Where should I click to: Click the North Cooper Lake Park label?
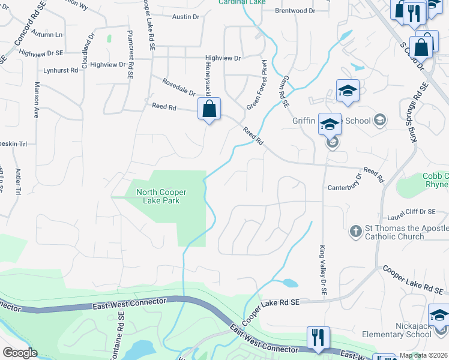pos(161,196)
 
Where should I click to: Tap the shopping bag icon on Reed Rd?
pos(209,110)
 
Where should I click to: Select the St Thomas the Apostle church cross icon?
pos(355,230)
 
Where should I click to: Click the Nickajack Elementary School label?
pos(396,329)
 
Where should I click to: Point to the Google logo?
pos(20,353)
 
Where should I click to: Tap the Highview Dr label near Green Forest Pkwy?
pos(223,58)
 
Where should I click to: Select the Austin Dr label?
pos(185,17)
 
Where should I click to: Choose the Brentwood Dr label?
pos(295,11)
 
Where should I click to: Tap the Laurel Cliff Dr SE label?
pos(411,211)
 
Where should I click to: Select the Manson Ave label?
pos(37,100)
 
